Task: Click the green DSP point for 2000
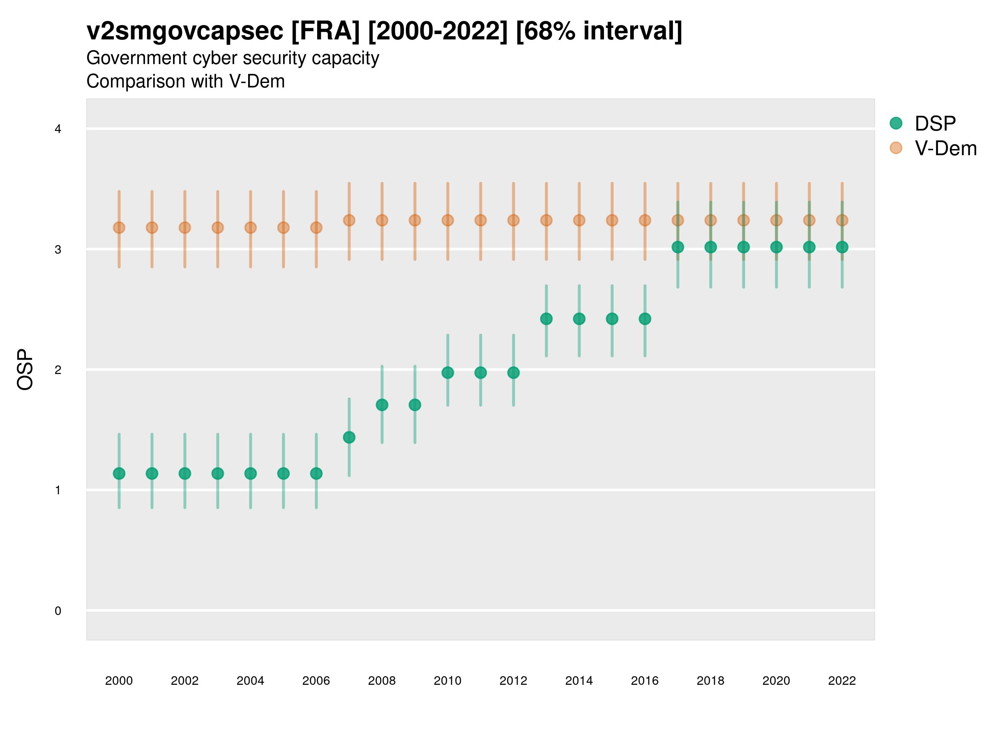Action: click(x=119, y=473)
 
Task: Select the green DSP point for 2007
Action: click(x=349, y=437)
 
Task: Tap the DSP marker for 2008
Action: click(x=382, y=405)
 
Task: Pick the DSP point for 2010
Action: click(x=447, y=373)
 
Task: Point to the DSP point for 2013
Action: click(x=546, y=319)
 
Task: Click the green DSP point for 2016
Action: click(x=645, y=319)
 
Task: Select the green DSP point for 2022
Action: click(x=842, y=247)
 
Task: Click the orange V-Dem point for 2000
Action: click(x=119, y=227)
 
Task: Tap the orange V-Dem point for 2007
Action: click(x=349, y=220)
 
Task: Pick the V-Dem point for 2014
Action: click(x=579, y=220)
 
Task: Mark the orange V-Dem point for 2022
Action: click(x=842, y=220)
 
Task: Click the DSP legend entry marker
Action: click(x=896, y=124)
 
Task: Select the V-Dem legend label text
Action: click(x=945, y=148)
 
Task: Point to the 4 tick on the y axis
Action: click(x=58, y=129)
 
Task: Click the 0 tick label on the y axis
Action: click(x=58, y=611)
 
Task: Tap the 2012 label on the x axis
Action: click(x=513, y=681)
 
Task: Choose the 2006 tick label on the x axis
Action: click(x=316, y=681)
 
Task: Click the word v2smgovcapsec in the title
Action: click(x=184, y=31)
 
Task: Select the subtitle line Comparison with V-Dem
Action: click(x=185, y=82)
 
